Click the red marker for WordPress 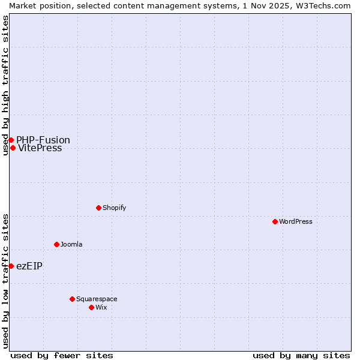tap(275, 221)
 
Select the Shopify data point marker tap(98, 208)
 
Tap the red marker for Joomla tap(56, 244)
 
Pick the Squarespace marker tap(72, 299)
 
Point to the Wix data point tap(91, 307)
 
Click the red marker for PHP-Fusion tap(11, 140)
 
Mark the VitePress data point tap(13, 148)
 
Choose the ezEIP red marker tap(11, 266)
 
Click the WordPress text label tap(296, 221)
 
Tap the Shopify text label tap(114, 208)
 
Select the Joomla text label tap(71, 244)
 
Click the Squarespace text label tap(97, 299)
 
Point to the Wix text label tap(101, 307)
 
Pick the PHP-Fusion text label tap(43, 140)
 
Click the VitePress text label tap(40, 148)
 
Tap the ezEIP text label tap(29, 266)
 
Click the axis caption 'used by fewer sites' tap(62, 355)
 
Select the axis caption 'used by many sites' tap(301, 355)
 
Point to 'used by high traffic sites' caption tap(5, 85)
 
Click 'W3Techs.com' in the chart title tap(322, 5)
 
